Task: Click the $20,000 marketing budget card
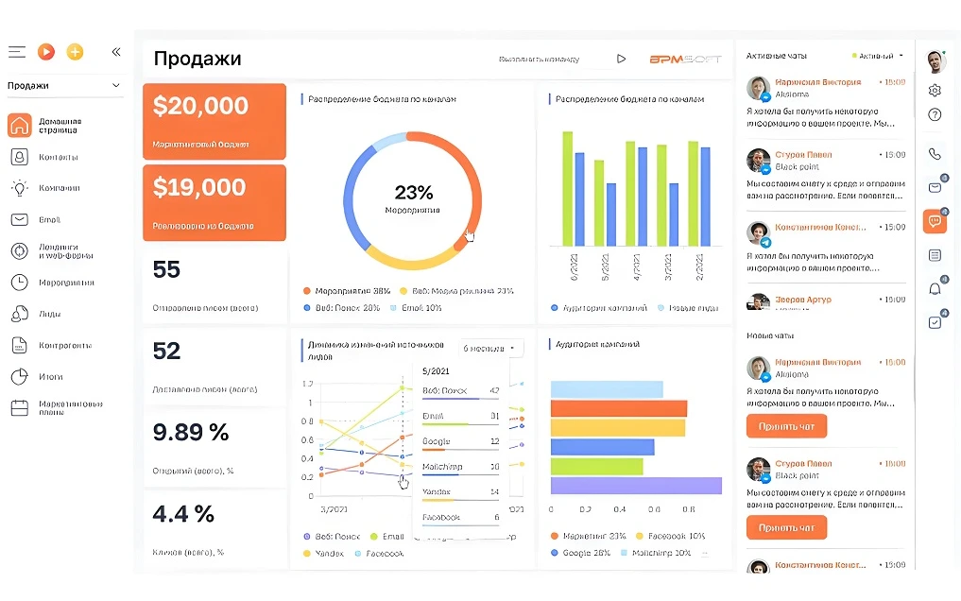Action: tap(214, 121)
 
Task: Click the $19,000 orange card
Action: tap(214, 202)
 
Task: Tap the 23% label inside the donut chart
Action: tap(413, 193)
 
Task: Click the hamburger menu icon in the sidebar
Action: tap(17, 52)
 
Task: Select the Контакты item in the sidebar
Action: tap(58, 157)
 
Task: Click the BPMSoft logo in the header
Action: tap(685, 59)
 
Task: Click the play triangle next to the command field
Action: tap(621, 59)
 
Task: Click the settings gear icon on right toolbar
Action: tap(935, 91)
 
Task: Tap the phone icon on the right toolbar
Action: tap(935, 154)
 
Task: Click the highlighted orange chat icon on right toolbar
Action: tap(935, 221)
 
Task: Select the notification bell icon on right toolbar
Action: tap(935, 288)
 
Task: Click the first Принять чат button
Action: tap(786, 426)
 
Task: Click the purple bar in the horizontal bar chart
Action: tap(635, 486)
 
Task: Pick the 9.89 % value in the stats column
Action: tap(191, 433)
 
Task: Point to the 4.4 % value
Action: tap(183, 514)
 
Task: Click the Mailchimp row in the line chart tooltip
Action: tap(459, 467)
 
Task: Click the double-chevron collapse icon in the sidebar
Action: tap(116, 52)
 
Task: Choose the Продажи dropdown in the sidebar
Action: tap(64, 86)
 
